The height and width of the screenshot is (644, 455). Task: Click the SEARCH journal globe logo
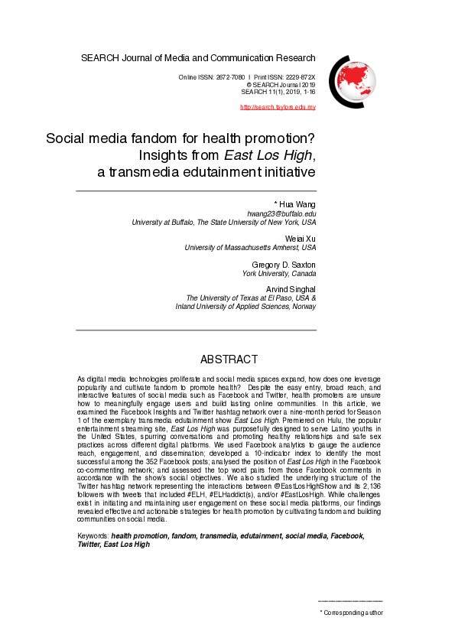point(353,80)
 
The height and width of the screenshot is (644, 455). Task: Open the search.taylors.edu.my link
point(278,106)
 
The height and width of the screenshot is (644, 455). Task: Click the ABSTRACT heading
point(229,359)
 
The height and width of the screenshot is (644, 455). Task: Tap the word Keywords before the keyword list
point(93,516)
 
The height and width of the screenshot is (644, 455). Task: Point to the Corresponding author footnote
point(353,613)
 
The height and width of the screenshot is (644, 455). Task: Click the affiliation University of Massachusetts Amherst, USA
point(251,248)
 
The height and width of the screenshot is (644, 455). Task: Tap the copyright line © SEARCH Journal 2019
point(281,85)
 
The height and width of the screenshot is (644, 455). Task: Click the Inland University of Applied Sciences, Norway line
point(245,307)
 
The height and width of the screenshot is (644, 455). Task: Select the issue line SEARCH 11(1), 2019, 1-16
point(278,92)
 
